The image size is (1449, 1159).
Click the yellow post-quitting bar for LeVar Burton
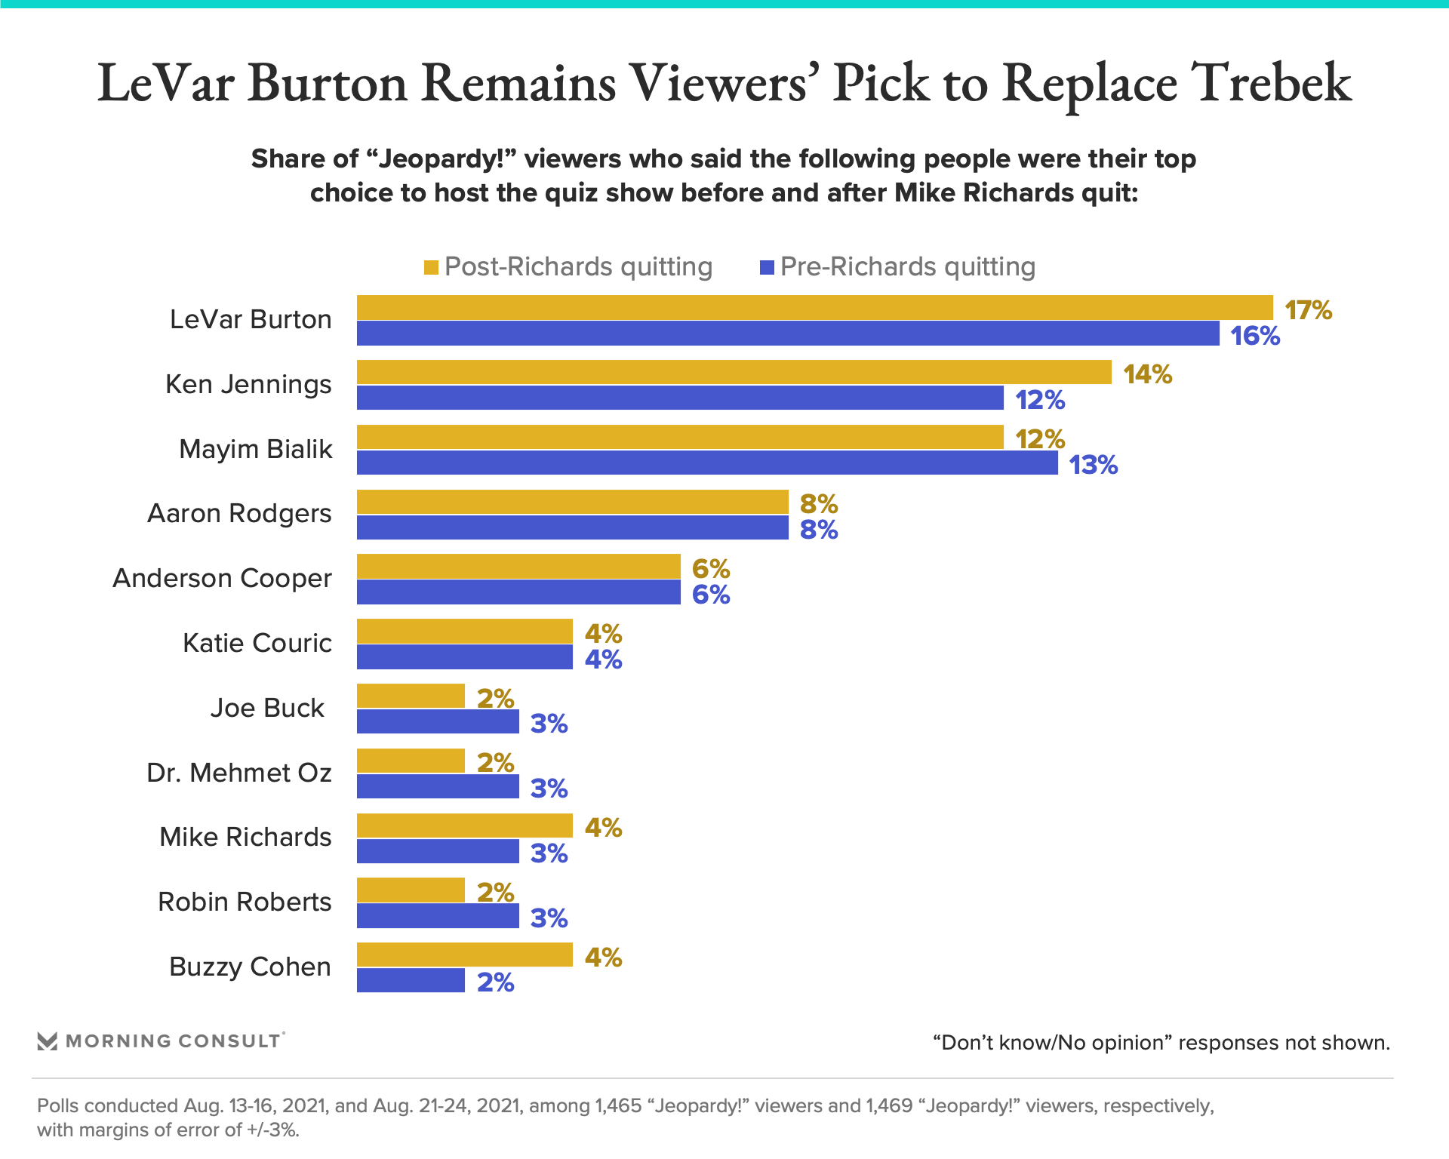815,307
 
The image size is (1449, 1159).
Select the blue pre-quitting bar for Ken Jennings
679,398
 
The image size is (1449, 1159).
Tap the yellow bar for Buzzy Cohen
464,955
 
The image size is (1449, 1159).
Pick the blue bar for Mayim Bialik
707,463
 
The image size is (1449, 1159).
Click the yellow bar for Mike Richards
464,825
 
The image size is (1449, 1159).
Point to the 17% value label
1308,310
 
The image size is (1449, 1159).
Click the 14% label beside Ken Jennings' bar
1147,374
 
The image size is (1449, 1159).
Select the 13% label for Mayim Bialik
1093,465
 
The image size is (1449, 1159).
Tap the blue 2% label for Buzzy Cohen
495,982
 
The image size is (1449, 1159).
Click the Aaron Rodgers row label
239,513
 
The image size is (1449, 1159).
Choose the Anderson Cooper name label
222,578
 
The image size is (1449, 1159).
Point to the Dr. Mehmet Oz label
239,773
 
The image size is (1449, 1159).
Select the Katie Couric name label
257,643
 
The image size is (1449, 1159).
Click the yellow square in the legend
431,267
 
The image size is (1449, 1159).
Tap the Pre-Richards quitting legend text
907,266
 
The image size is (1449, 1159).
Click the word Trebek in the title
1271,83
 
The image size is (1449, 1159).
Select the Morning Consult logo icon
48,1041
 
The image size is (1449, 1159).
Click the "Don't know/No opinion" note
1161,1043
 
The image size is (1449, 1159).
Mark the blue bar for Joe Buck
438,721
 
